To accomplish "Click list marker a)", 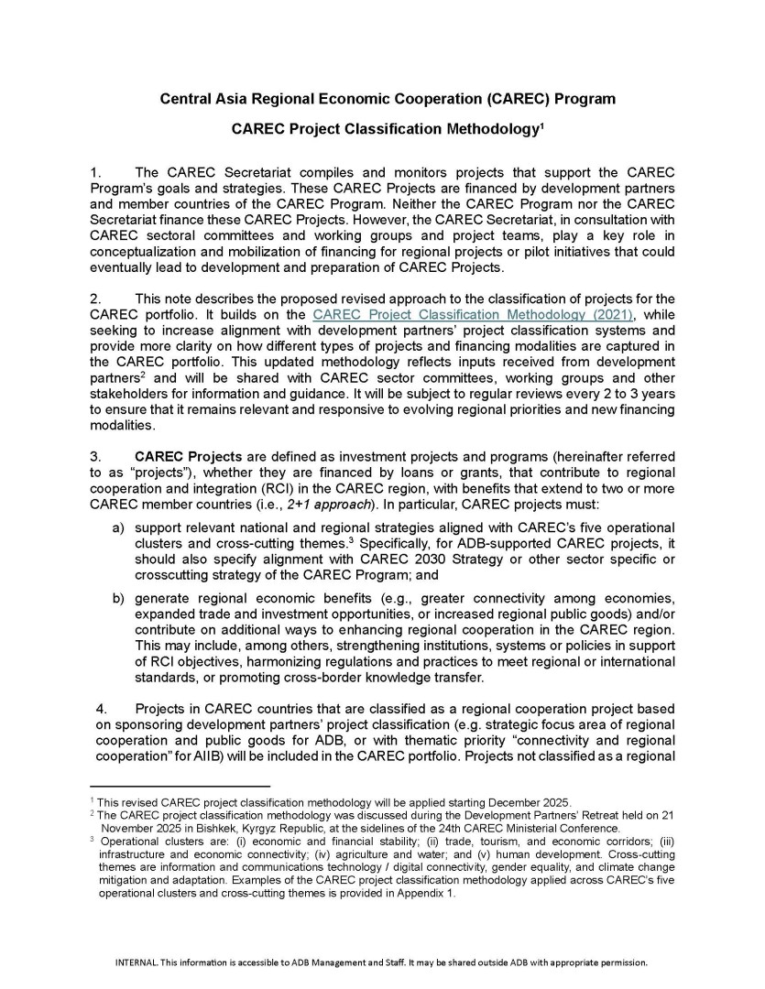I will [118, 529].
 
